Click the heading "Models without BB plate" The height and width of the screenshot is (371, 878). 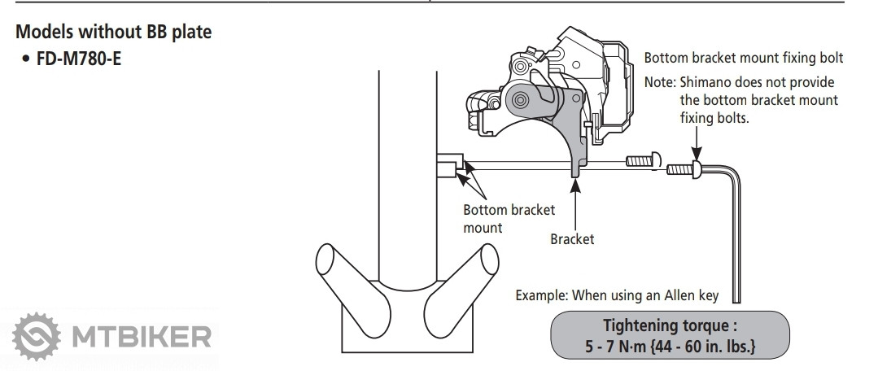coord(115,33)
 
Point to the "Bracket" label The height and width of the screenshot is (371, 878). coord(572,239)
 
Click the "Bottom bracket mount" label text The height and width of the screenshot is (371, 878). coord(509,218)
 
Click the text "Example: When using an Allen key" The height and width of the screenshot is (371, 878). coord(617,295)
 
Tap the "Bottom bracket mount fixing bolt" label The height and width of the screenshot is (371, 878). coord(743,59)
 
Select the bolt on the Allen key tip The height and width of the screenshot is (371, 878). coord(684,169)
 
